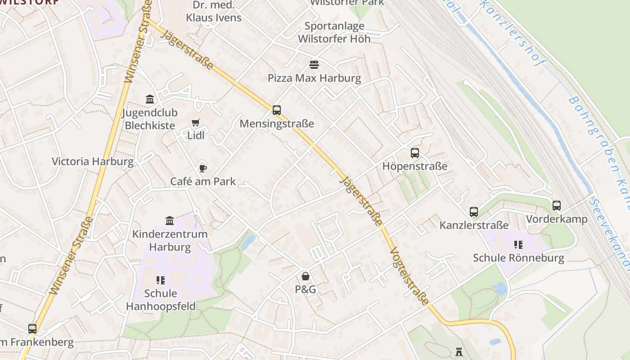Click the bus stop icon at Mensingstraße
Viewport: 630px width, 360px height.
pyautogui.click(x=276, y=110)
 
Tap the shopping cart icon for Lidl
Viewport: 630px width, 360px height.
pyautogui.click(x=196, y=122)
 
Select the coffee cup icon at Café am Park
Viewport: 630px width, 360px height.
pyautogui.click(x=203, y=168)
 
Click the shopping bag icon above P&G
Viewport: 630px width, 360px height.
pyautogui.click(x=306, y=276)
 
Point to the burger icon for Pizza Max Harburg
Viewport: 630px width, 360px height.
pyautogui.click(x=314, y=65)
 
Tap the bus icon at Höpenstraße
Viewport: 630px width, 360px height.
pyautogui.click(x=414, y=153)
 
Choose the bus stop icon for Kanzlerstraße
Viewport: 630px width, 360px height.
pyautogui.click(x=473, y=212)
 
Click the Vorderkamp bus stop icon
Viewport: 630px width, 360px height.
pyautogui.click(x=557, y=206)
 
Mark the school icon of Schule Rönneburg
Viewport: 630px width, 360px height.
pyautogui.click(x=518, y=245)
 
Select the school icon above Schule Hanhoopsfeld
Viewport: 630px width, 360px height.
pyautogui.click(x=161, y=280)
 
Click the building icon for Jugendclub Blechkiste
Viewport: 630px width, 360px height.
pyautogui.click(x=150, y=99)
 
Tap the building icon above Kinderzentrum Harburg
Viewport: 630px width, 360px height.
pyautogui.click(x=170, y=221)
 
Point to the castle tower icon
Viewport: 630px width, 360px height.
pyautogui.click(x=459, y=351)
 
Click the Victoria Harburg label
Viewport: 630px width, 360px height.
pyautogui.click(x=93, y=162)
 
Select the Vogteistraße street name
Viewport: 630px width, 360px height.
pyautogui.click(x=409, y=276)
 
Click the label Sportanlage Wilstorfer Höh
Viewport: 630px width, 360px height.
pyautogui.click(x=334, y=32)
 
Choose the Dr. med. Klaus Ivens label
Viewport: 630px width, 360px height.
pyautogui.click(x=214, y=12)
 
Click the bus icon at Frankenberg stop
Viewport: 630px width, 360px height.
pyautogui.click(x=32, y=329)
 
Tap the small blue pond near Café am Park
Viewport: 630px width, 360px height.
pyautogui.click(x=248, y=242)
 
